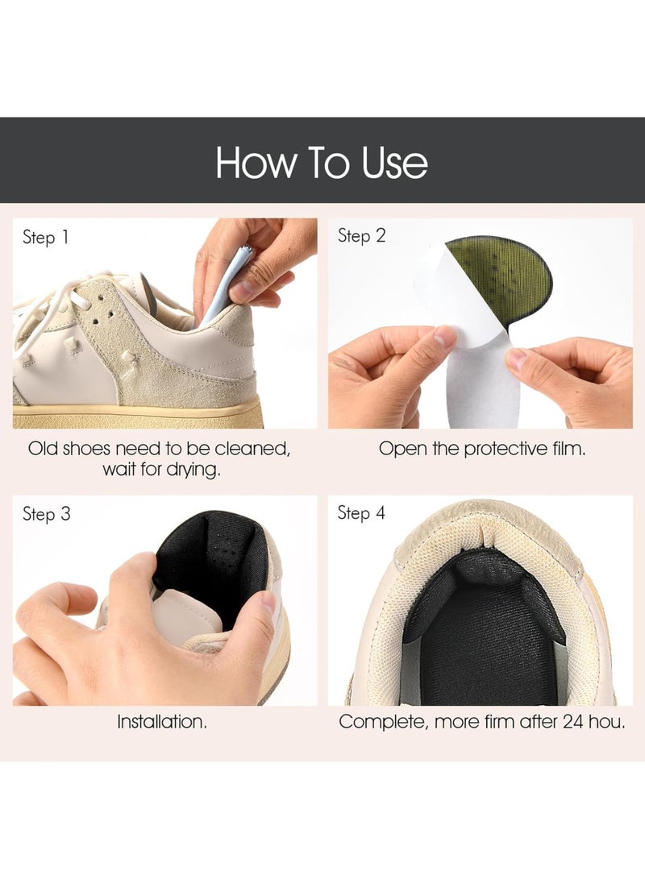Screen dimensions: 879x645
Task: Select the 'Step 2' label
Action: click(x=362, y=236)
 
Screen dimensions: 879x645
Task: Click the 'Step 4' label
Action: click(x=362, y=513)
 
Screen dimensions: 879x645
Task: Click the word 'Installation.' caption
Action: click(x=162, y=722)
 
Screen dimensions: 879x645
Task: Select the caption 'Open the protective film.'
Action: click(x=482, y=449)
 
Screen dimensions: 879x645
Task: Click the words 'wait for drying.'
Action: click(x=161, y=470)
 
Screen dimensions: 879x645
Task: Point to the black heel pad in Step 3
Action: click(x=210, y=564)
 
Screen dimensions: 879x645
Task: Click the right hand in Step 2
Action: click(x=572, y=379)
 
